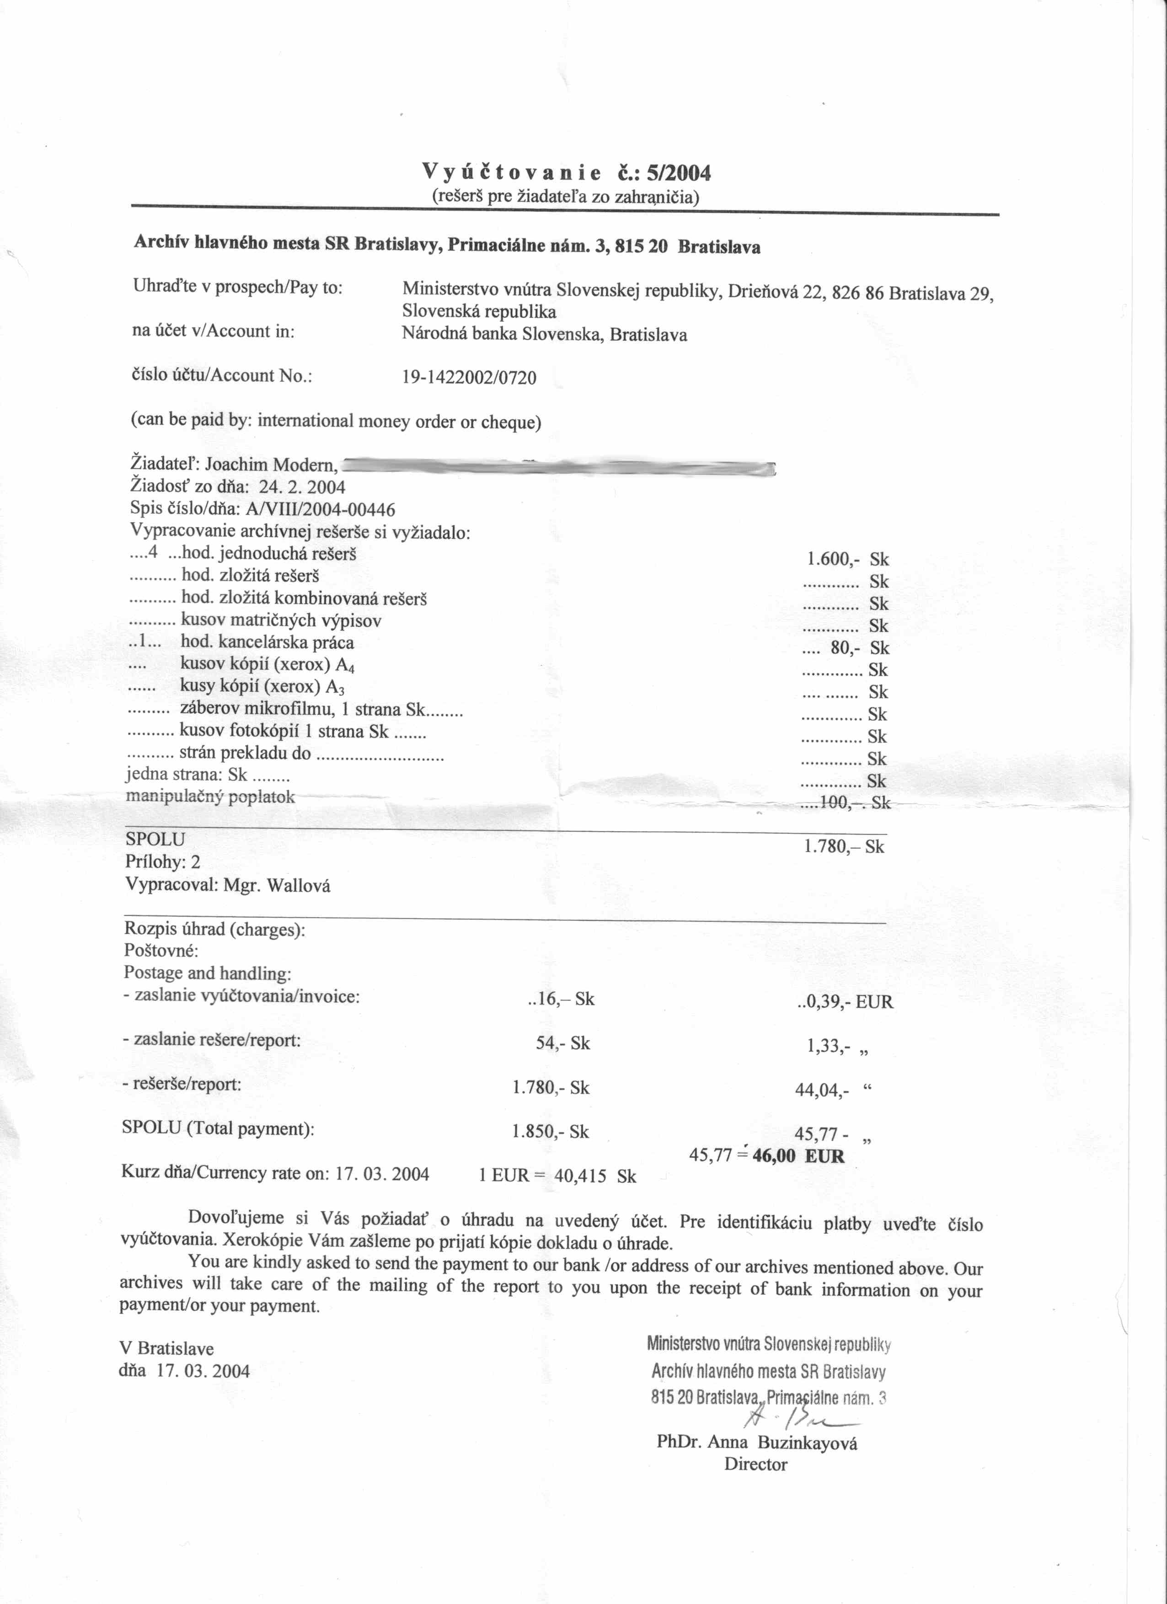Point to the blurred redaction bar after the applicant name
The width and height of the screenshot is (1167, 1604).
559,467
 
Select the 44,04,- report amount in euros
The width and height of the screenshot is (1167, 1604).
821,1090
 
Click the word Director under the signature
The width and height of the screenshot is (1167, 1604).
755,1464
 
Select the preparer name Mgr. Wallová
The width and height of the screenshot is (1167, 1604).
277,886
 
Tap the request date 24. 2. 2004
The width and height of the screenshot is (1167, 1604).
307,487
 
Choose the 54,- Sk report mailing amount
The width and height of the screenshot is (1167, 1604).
562,1043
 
